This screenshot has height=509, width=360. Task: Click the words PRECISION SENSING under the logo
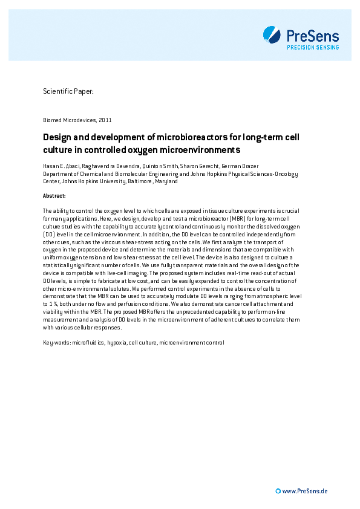312,47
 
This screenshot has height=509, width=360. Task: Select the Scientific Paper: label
68,91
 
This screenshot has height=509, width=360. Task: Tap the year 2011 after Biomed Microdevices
105,120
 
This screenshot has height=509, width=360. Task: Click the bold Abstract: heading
54,196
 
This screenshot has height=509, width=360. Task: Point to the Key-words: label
57,343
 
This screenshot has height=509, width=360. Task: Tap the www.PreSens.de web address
305,491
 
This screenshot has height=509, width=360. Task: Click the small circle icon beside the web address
278,491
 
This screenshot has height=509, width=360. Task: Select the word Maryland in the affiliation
166,181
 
